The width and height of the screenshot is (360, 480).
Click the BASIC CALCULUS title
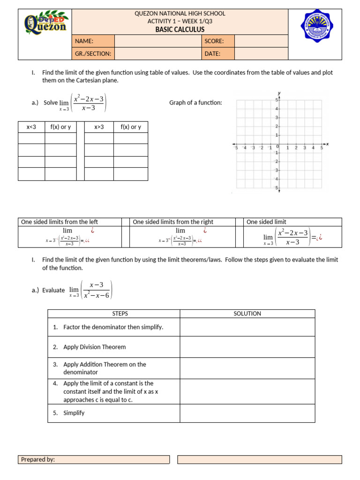pos(180,30)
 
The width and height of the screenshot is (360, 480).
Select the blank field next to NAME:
pos(157,41)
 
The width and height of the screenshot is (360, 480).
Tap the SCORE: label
pos(214,41)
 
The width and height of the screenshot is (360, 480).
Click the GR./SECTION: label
pos(93,53)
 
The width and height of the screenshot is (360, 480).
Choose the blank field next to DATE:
pos(261,53)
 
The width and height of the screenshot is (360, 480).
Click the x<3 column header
pos(31,127)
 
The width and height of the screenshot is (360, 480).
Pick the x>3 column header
pos(99,127)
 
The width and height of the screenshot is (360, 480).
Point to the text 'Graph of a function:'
pos(195,103)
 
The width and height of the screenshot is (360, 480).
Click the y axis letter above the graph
pos(279,92)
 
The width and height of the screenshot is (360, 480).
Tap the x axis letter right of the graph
pos(327,144)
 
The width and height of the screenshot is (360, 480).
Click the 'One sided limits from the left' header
pos(60,222)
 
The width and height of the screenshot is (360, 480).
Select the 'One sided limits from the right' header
pos(173,222)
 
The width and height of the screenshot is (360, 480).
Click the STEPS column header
pos(114,314)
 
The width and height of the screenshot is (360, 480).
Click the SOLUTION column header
pos(247,314)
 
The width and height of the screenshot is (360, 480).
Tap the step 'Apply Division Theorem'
pos(95,347)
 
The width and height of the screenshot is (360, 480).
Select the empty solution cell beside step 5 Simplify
pos(247,413)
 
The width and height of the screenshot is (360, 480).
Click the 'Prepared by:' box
pos(94,460)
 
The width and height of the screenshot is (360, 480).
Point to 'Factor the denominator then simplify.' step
pos(113,327)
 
